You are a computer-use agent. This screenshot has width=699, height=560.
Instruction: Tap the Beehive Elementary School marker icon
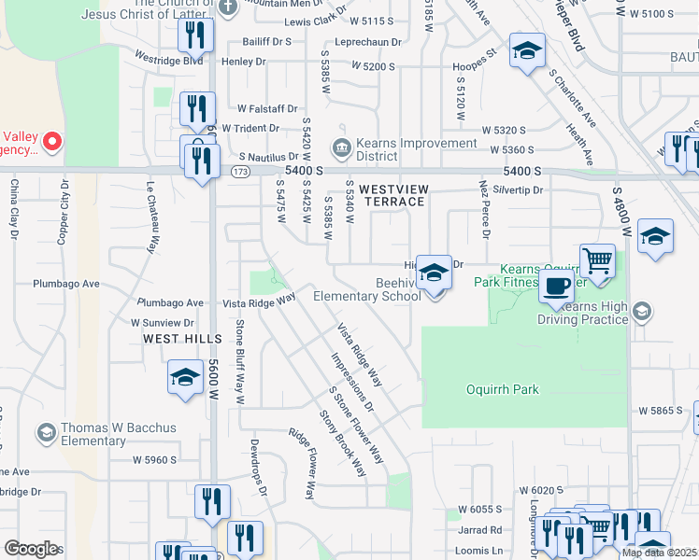coord(434,273)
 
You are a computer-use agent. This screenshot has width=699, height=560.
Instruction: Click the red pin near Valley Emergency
coord(52,143)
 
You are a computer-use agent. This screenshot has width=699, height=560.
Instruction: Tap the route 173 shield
coord(241,172)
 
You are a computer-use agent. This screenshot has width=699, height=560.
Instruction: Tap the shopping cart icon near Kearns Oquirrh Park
coord(597,260)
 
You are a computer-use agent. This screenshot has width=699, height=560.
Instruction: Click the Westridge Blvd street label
coord(168,60)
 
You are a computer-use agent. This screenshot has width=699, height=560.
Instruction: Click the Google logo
coord(31,549)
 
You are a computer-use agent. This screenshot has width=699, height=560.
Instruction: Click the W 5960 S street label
coord(154,459)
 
